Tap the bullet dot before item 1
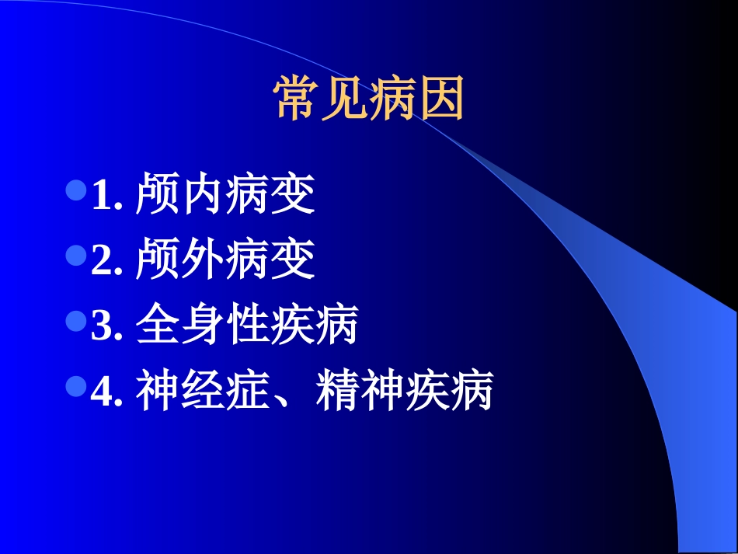[76, 190]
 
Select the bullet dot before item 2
[76, 255]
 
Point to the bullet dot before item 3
[76, 320]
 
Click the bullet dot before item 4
[76, 386]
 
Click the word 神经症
[203, 392]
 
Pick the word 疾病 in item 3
[315, 326]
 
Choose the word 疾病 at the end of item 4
[449, 392]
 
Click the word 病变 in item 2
[270, 261]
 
